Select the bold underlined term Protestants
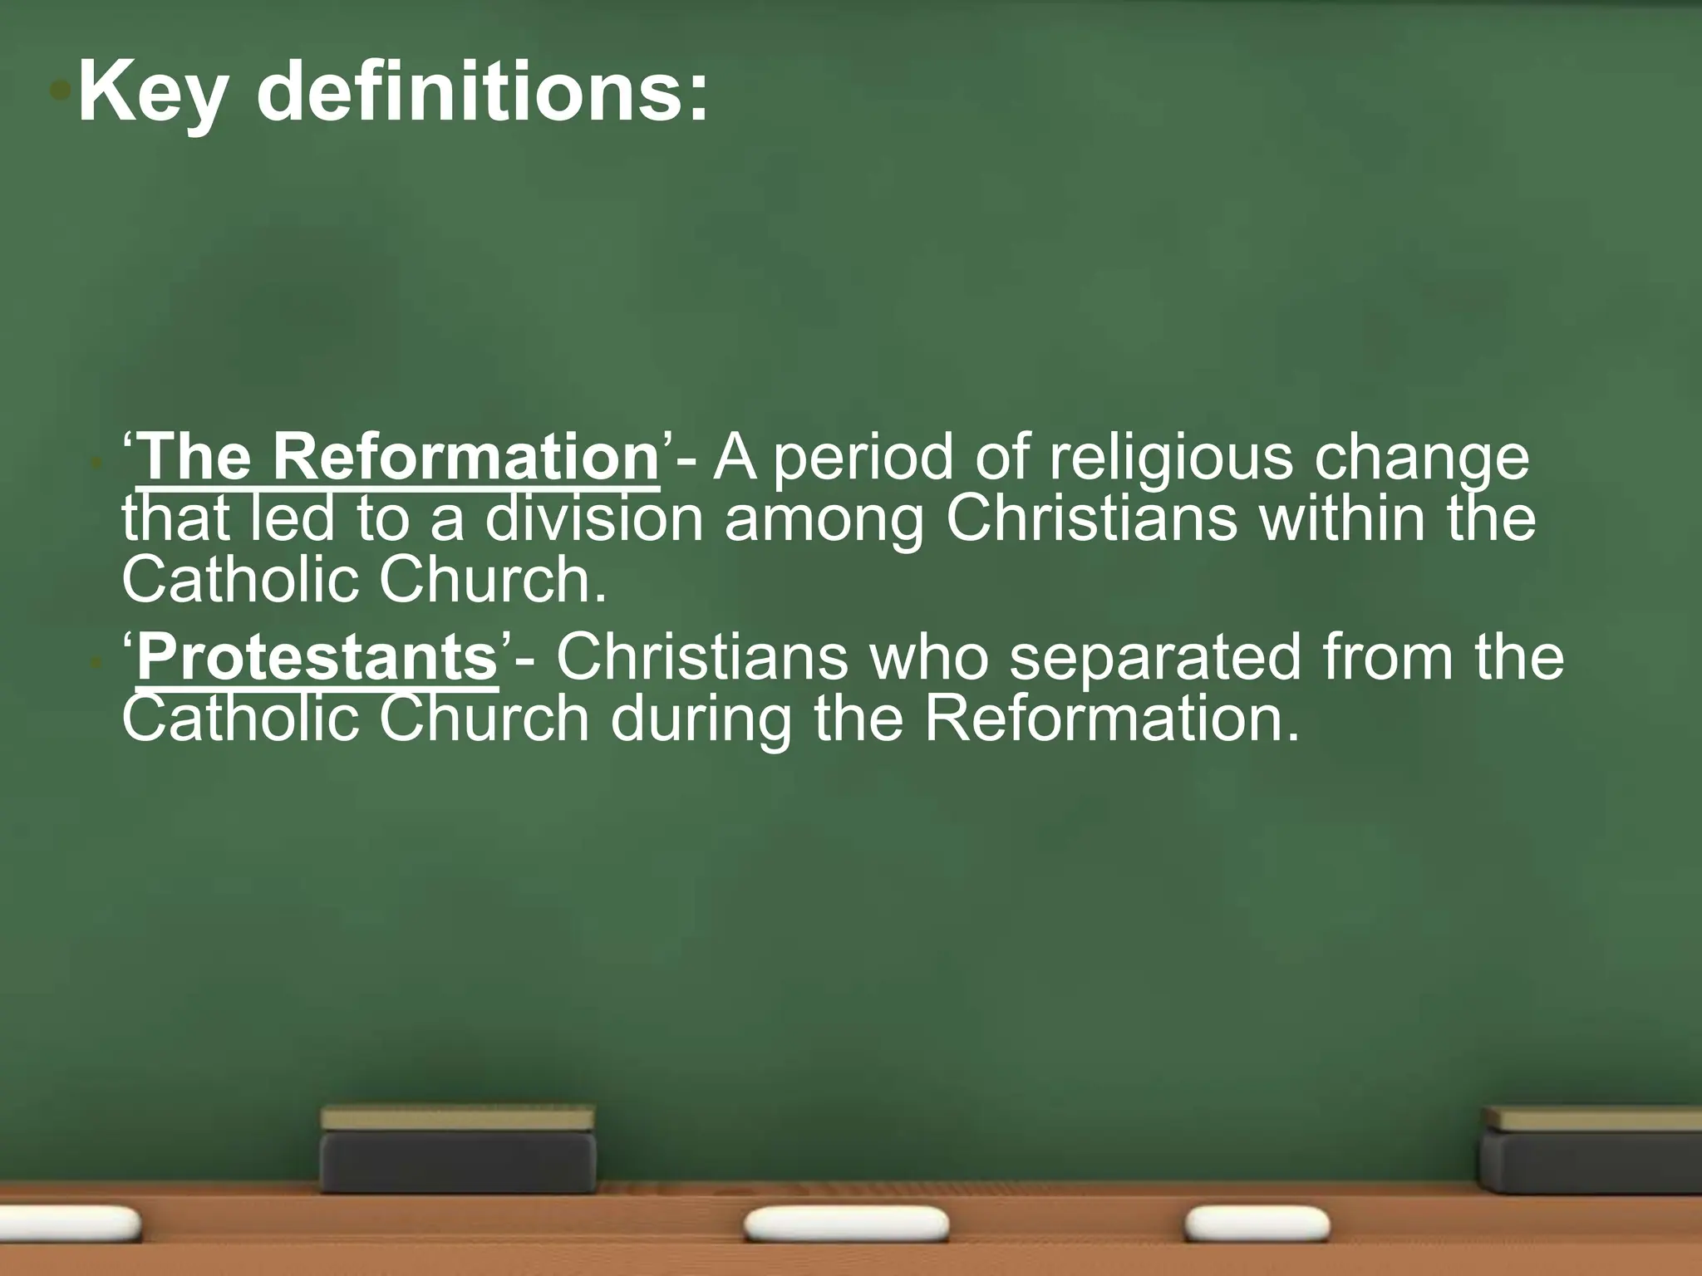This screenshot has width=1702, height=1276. [x=317, y=658]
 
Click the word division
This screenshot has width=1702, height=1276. [x=594, y=519]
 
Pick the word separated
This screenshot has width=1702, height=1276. [x=1156, y=659]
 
